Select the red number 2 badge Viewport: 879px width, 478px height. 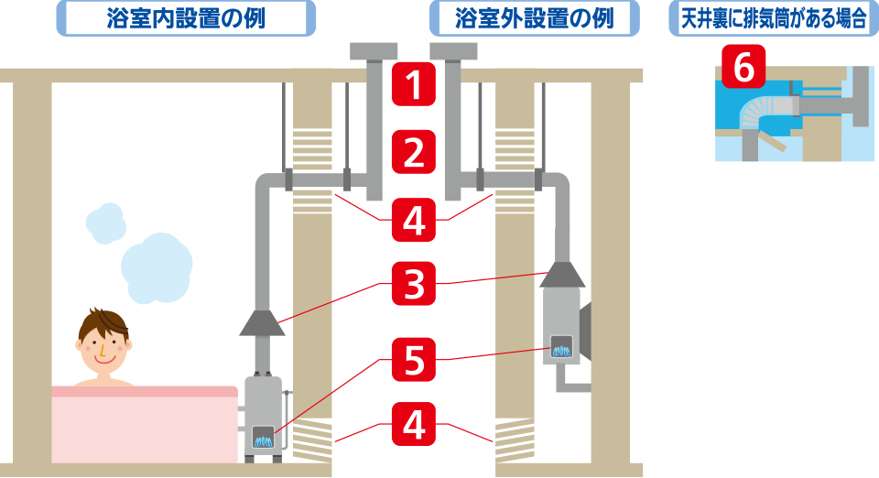[x=414, y=152]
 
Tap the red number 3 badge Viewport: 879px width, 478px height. [x=414, y=285]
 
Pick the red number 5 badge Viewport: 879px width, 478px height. [x=414, y=359]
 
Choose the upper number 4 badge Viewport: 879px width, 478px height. [x=414, y=220]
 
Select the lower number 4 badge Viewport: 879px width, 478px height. [x=414, y=424]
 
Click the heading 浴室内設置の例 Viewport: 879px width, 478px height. [x=186, y=17]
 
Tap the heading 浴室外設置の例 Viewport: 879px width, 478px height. [x=534, y=17]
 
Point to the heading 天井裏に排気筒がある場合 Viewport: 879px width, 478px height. [x=774, y=17]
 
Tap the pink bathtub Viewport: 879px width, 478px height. [x=144, y=426]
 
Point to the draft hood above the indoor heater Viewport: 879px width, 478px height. [x=262, y=321]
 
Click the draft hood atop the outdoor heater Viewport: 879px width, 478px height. [x=562, y=274]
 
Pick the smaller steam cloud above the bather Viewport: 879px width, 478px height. [x=106, y=223]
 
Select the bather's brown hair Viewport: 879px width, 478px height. [x=103, y=322]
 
